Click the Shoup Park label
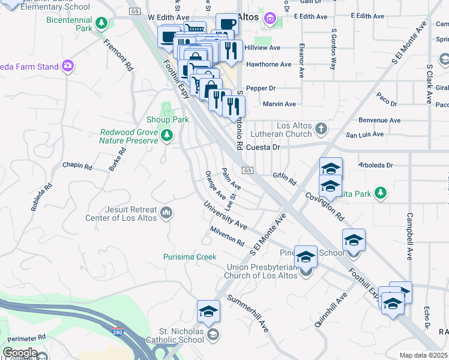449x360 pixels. point(168,119)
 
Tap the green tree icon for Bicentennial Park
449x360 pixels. point(102,23)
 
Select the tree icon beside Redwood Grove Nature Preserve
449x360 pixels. point(167,137)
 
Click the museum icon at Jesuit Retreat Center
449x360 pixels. point(166,212)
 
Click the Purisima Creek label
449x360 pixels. point(190,257)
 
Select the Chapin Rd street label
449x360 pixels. point(77,166)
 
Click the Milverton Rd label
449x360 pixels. point(228,236)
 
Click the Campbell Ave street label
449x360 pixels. point(410,236)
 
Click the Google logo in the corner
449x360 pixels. point(20,353)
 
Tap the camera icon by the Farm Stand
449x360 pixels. point(68,65)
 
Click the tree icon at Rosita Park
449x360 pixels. point(379,193)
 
